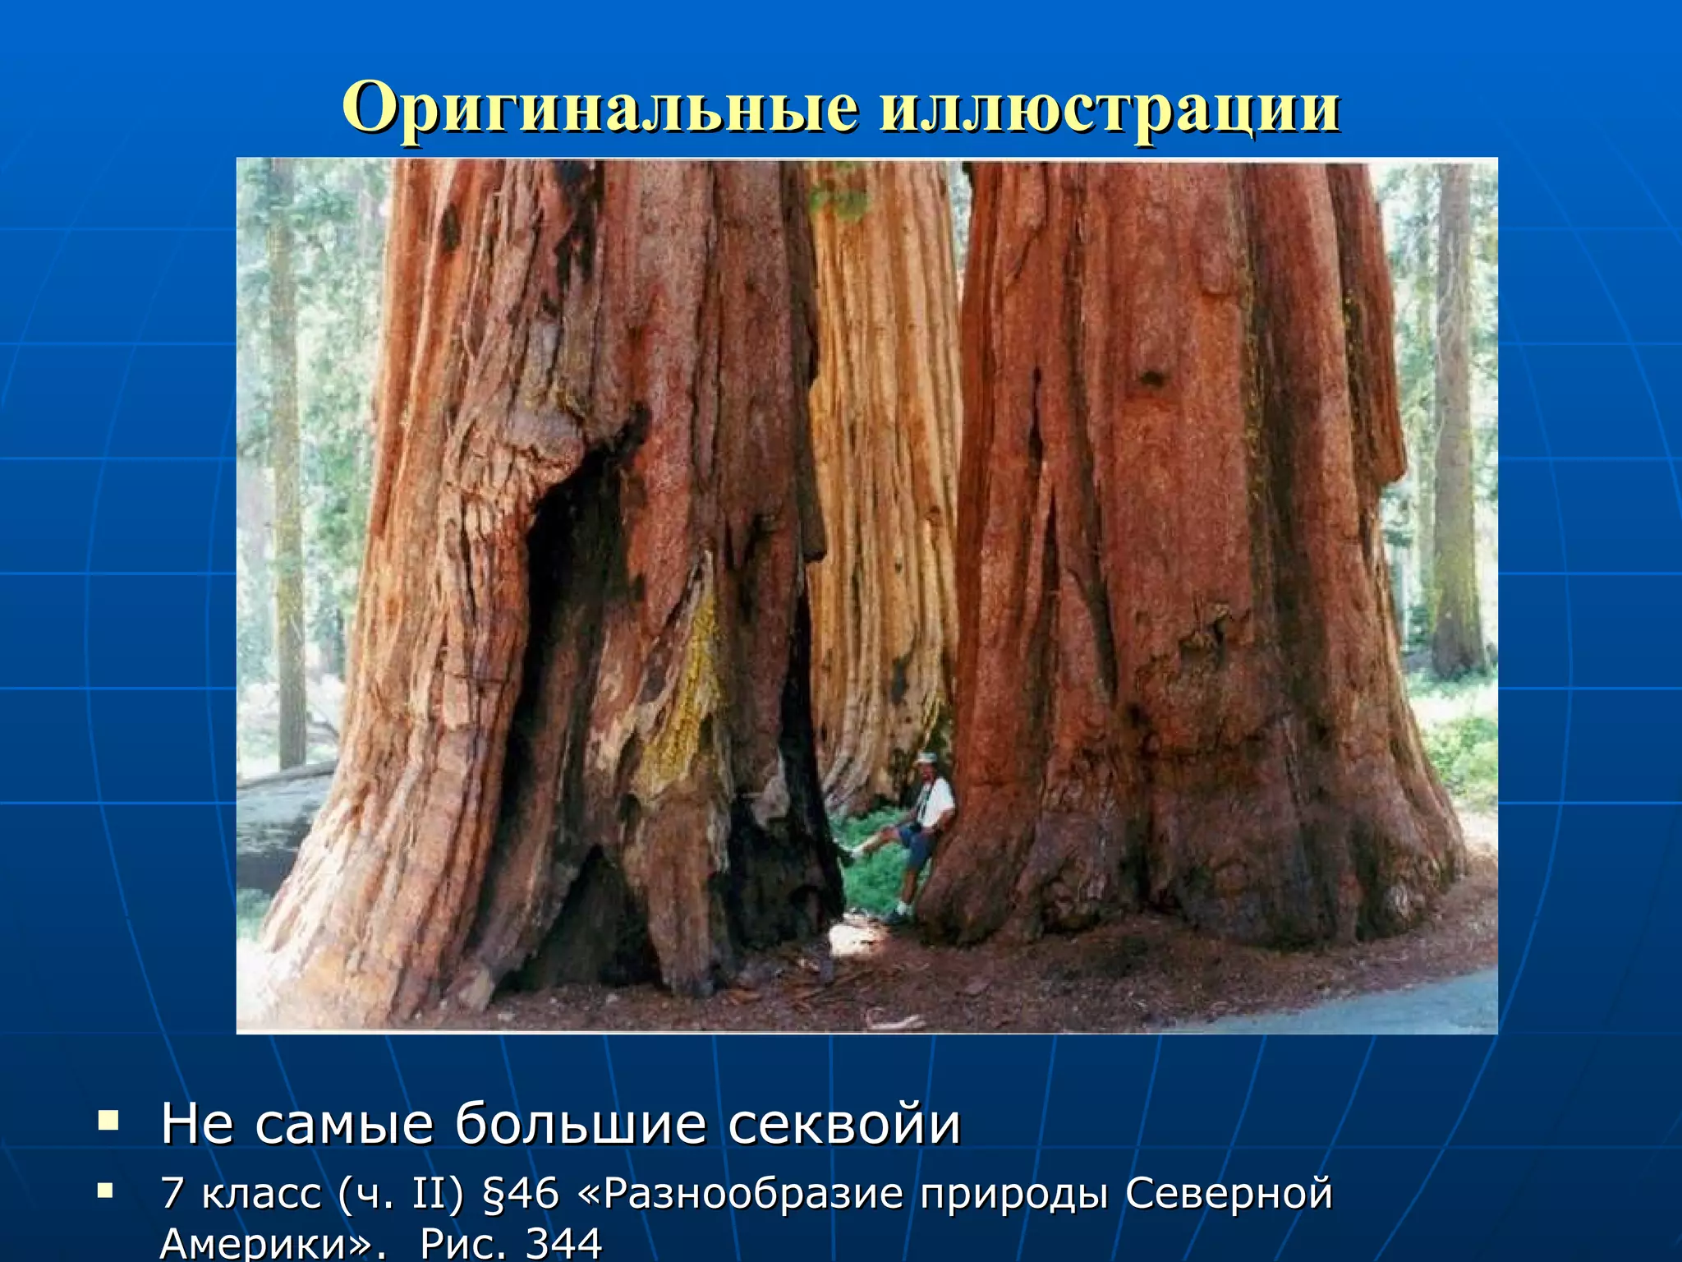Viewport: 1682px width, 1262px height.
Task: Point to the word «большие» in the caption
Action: click(x=581, y=1124)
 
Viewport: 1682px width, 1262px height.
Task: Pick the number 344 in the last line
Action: click(x=563, y=1243)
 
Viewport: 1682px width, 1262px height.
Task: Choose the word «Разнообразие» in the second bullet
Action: click(x=753, y=1194)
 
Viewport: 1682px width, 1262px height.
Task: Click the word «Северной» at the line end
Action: click(x=1229, y=1194)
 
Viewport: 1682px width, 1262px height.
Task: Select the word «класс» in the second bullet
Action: click(x=261, y=1194)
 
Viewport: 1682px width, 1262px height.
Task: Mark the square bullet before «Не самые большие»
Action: click(x=108, y=1119)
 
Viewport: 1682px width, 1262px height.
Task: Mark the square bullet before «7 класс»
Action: click(x=104, y=1189)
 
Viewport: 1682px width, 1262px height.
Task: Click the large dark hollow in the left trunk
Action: click(x=567, y=592)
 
